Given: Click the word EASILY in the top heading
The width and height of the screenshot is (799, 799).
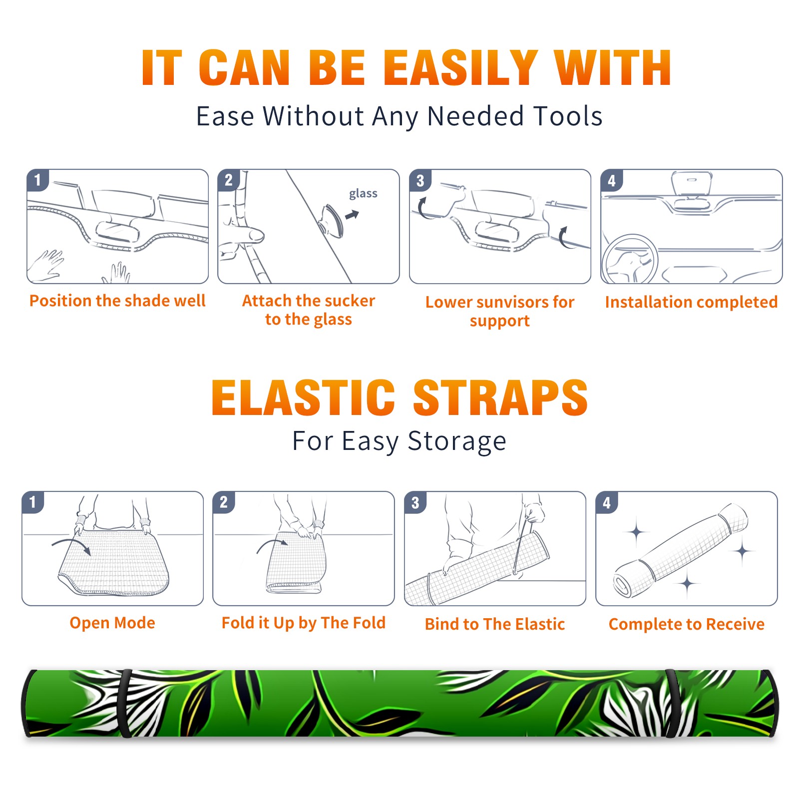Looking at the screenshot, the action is [460, 68].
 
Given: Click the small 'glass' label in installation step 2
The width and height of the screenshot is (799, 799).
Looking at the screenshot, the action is [363, 193].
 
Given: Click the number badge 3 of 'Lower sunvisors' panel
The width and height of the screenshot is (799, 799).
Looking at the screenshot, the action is [419, 180].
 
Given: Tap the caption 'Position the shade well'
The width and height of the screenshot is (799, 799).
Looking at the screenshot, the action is [117, 301].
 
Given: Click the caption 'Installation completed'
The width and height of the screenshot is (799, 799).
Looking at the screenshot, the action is [691, 302].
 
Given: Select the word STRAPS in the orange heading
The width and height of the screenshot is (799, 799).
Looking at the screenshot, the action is [500, 398].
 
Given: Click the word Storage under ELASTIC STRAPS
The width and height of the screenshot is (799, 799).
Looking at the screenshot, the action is [457, 441].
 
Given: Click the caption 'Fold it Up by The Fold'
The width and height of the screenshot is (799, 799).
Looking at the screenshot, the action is [304, 623].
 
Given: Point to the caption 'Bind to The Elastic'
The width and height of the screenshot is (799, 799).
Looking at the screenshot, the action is [494, 624].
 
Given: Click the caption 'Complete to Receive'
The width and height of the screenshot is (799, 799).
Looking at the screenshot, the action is [687, 624].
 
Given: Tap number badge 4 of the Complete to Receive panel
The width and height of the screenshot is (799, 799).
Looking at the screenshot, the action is [606, 502].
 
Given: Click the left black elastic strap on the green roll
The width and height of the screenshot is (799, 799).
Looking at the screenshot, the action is [125, 703].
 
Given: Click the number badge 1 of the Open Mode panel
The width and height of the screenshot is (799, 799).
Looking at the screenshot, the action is [33, 502].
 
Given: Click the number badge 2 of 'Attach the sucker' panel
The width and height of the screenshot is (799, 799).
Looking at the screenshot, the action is [228, 180].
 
